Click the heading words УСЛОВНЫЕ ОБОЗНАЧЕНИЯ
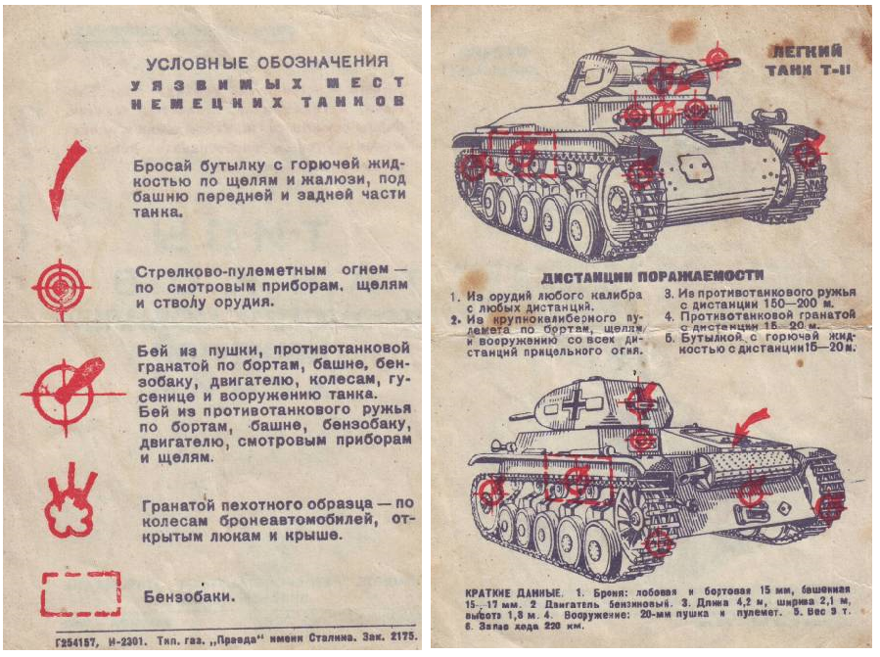point(267,63)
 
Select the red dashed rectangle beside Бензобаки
point(80,594)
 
